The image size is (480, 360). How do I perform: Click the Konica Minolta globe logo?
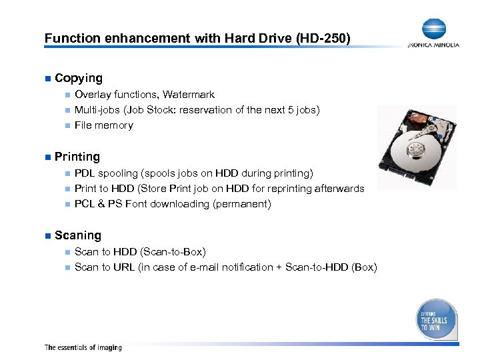pos(434,29)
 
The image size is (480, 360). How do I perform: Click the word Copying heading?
pos(79,78)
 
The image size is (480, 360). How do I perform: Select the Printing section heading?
pos(77,157)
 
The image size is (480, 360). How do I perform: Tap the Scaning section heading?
pos(78,235)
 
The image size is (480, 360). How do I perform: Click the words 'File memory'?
pos(104,125)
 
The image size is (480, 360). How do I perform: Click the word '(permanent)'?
pos(242,204)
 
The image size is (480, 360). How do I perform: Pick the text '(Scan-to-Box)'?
pos(173,252)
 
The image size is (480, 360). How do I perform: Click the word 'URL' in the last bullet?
pos(124,267)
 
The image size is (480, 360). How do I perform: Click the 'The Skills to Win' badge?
pos(436,319)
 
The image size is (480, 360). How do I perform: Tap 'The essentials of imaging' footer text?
pos(83,347)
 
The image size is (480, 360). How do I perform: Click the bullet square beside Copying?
pos(47,79)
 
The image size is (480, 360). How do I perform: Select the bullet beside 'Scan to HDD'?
pos(67,252)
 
